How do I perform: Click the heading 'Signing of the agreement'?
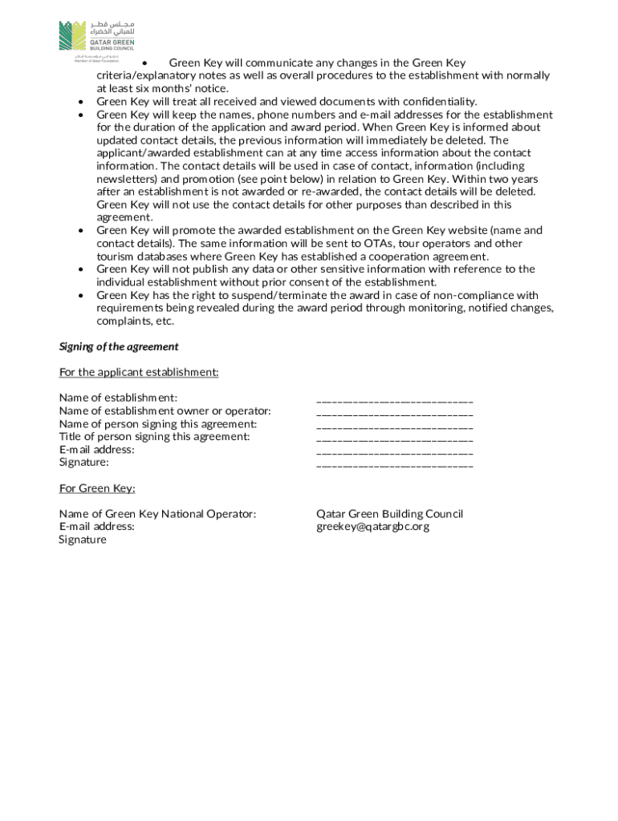click(x=119, y=347)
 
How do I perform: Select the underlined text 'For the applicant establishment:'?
click(x=139, y=373)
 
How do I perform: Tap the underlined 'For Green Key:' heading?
click(x=97, y=488)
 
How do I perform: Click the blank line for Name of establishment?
click(x=394, y=399)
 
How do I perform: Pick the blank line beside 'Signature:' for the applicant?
click(x=394, y=463)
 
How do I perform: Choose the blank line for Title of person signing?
click(x=394, y=438)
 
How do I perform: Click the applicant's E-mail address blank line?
click(x=394, y=451)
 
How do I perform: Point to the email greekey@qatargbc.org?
click(x=372, y=527)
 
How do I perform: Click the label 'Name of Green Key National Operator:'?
click(x=157, y=514)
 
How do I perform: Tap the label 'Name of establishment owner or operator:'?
click(x=165, y=411)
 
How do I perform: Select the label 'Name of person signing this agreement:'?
click(x=158, y=424)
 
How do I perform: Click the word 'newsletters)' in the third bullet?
click(x=128, y=179)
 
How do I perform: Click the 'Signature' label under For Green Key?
click(x=82, y=540)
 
